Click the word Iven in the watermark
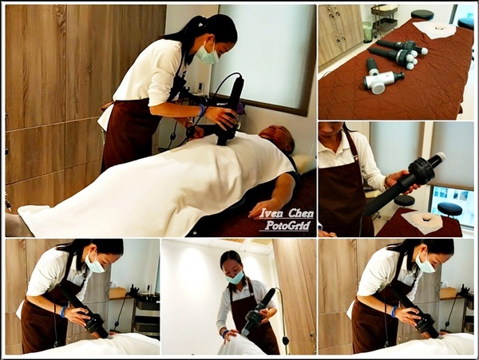pos(271,213)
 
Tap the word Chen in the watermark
pos(301,213)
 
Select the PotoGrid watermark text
pos(287,225)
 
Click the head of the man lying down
pos(277,137)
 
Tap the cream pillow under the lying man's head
pos(303,163)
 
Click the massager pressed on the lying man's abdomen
pos(229,110)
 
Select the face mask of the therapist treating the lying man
pos(207,55)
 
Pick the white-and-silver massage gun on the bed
pos(381,77)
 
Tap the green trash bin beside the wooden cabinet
pos(367,31)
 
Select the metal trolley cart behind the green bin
pos(384,18)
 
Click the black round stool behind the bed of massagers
pos(422,14)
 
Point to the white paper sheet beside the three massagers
pos(438,30)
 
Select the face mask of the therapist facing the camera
pos(236,278)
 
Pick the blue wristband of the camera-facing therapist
pos(225,333)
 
